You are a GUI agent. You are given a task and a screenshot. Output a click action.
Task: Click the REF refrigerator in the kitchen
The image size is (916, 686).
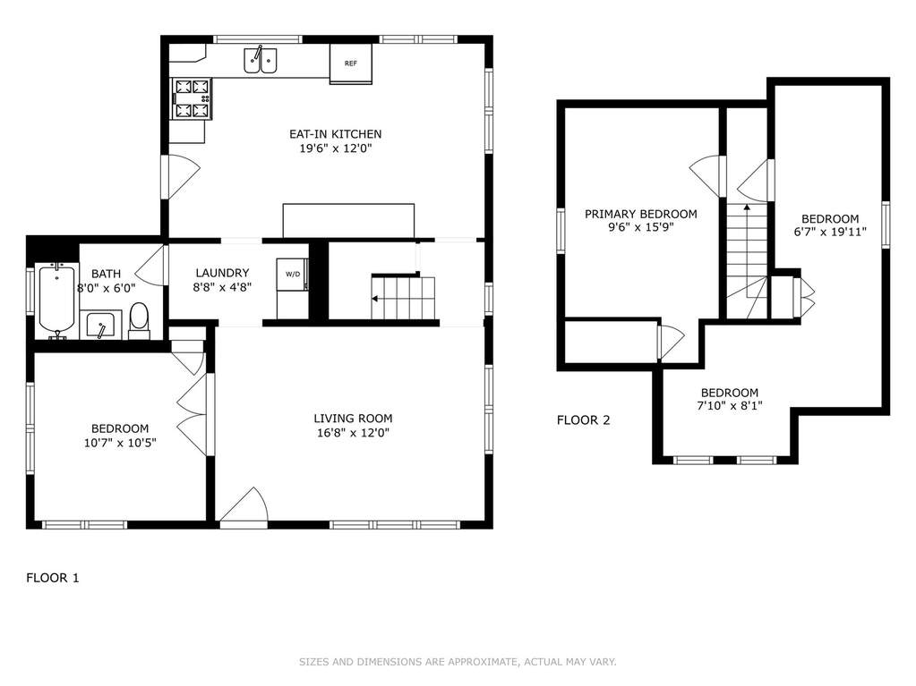(350, 64)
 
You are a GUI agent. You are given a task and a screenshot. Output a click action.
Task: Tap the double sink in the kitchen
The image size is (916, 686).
(260, 60)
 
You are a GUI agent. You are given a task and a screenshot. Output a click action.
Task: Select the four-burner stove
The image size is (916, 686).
(192, 98)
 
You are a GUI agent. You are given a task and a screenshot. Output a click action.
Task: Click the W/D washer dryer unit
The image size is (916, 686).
(292, 275)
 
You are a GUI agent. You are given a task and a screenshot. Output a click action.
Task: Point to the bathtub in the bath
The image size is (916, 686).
(56, 300)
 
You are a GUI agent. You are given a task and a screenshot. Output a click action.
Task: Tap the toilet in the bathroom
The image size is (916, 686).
(139, 320)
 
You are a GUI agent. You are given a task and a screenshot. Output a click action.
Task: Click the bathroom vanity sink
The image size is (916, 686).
(101, 325)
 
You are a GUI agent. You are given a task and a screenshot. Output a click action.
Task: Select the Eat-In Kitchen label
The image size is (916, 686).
(335, 134)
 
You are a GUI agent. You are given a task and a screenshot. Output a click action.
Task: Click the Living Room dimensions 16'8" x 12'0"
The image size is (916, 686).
(352, 433)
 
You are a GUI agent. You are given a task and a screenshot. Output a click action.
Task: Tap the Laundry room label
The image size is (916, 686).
(222, 273)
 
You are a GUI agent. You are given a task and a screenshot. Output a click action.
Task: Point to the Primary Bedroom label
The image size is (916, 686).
(641, 214)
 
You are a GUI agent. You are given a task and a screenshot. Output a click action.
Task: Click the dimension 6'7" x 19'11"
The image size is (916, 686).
(829, 232)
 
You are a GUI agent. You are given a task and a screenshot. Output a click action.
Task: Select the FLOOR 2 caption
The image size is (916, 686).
(583, 420)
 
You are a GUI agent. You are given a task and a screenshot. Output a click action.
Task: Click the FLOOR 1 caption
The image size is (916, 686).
(53, 578)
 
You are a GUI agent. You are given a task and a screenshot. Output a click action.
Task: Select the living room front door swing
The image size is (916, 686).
(244, 504)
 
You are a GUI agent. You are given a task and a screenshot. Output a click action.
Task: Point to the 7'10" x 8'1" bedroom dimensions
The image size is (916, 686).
(730, 405)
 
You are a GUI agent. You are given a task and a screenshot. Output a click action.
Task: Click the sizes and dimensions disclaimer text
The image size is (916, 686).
(458, 662)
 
